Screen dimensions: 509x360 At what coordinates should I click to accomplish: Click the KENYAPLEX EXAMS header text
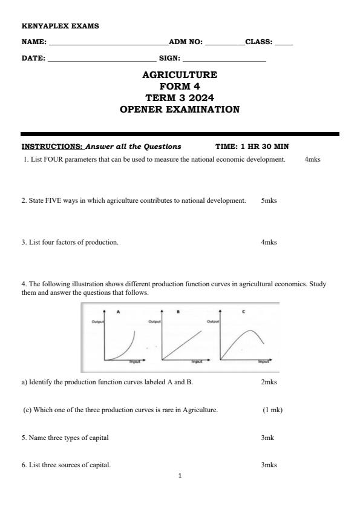point(60,26)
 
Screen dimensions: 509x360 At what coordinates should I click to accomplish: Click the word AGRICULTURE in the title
point(180,75)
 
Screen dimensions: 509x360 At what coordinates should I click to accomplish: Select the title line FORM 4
point(180,87)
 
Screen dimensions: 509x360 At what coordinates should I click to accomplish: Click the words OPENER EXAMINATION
point(180,110)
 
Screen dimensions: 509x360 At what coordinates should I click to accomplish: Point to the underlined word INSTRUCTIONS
point(53,146)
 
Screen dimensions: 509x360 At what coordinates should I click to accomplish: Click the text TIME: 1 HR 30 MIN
point(252,146)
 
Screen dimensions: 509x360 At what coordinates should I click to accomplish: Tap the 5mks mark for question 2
point(269,200)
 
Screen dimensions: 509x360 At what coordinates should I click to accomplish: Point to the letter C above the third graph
point(243,312)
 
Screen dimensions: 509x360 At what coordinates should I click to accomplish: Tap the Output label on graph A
point(98,322)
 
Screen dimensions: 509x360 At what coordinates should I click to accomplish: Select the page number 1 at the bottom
point(180,476)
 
